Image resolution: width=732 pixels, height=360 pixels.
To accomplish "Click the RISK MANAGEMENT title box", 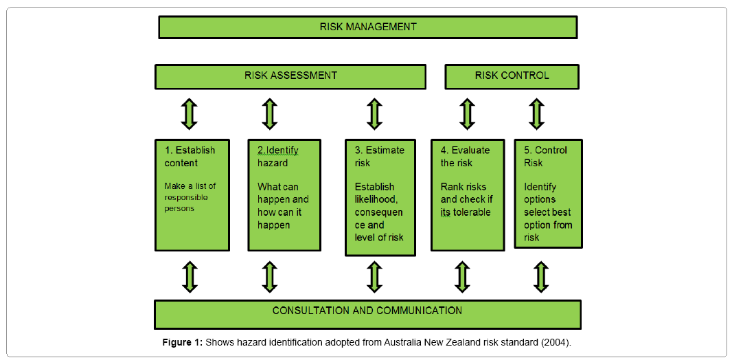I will pyautogui.click(x=367, y=27).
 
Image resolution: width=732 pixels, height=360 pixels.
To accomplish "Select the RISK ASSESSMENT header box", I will pyautogui.click(x=290, y=76).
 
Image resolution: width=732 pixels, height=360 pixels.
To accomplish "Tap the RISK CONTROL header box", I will pyautogui.click(x=512, y=76).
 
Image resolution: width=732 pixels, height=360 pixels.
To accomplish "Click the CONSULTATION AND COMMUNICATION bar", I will pyautogui.click(x=367, y=313).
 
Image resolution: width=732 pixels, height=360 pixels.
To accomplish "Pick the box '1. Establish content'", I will pyautogui.click(x=192, y=195).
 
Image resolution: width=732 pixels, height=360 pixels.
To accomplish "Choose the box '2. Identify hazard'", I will pyautogui.click(x=284, y=195).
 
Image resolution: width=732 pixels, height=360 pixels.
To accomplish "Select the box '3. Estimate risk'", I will pyautogui.click(x=380, y=197).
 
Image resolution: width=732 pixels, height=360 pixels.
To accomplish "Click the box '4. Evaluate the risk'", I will pyautogui.click(x=468, y=195).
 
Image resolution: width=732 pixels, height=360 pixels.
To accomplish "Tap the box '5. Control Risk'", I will pyautogui.click(x=548, y=194).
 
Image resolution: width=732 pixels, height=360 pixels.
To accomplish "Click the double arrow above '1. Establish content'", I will pyautogui.click(x=190, y=114).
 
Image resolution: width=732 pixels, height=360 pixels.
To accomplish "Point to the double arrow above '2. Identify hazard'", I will pyautogui.click(x=270, y=114).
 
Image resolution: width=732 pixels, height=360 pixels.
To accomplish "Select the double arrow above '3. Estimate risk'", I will pyautogui.click(x=374, y=114).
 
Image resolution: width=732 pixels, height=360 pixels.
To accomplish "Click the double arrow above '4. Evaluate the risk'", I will pyautogui.click(x=467, y=114).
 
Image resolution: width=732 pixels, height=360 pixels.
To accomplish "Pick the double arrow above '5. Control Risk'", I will pyautogui.click(x=537, y=114).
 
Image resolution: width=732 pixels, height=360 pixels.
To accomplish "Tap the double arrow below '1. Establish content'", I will pyautogui.click(x=190, y=276).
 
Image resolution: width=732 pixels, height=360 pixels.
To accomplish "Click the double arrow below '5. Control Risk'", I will pyautogui.click(x=542, y=276).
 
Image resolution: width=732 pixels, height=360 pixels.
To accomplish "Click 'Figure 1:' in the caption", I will pyautogui.click(x=182, y=342).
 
